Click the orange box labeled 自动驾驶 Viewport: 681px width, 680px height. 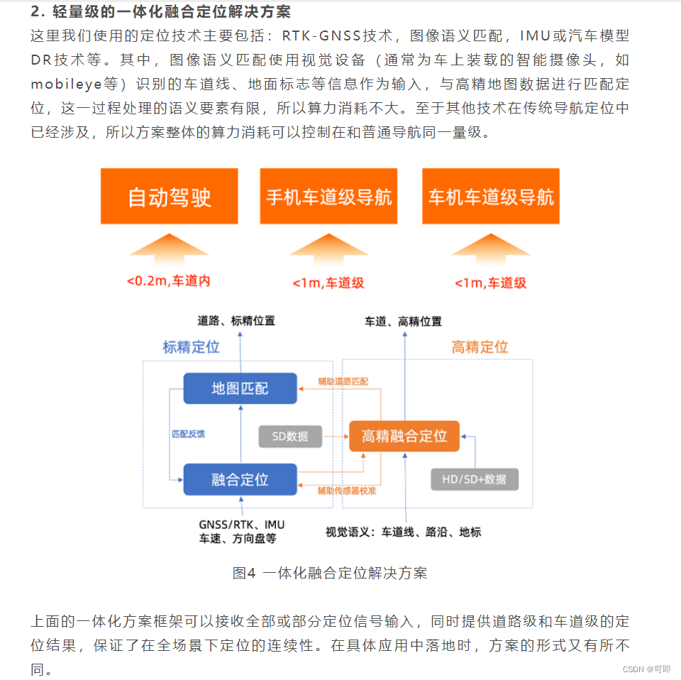pyautogui.click(x=169, y=197)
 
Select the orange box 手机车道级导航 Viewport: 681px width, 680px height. pyautogui.click(x=328, y=197)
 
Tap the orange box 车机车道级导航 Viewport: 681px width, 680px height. pyautogui.click(x=490, y=197)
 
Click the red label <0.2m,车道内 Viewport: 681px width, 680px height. pyautogui.click(x=169, y=281)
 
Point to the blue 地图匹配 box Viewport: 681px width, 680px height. pyautogui.click(x=240, y=389)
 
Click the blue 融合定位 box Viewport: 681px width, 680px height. pyautogui.click(x=240, y=479)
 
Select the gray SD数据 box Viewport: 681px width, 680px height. pyautogui.click(x=289, y=437)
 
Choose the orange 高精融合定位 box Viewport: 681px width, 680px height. pyautogui.click(x=404, y=436)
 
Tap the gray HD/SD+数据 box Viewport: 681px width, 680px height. pyautogui.click(x=474, y=479)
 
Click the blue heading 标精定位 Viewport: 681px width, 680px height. pyautogui.click(x=191, y=347)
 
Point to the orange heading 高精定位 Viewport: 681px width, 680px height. pyautogui.click(x=480, y=347)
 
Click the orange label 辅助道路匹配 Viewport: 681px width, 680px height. pyautogui.click(x=343, y=381)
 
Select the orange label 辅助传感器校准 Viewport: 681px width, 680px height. pyautogui.click(x=347, y=490)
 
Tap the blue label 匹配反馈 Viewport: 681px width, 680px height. pyautogui.click(x=188, y=434)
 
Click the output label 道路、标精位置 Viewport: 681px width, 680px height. pyautogui.click(x=236, y=321)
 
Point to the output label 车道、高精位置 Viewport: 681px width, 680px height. pyautogui.click(x=403, y=322)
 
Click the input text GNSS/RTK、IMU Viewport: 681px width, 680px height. pyautogui.click(x=241, y=525)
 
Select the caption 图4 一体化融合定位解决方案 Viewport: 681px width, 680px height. pyautogui.click(x=330, y=573)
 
